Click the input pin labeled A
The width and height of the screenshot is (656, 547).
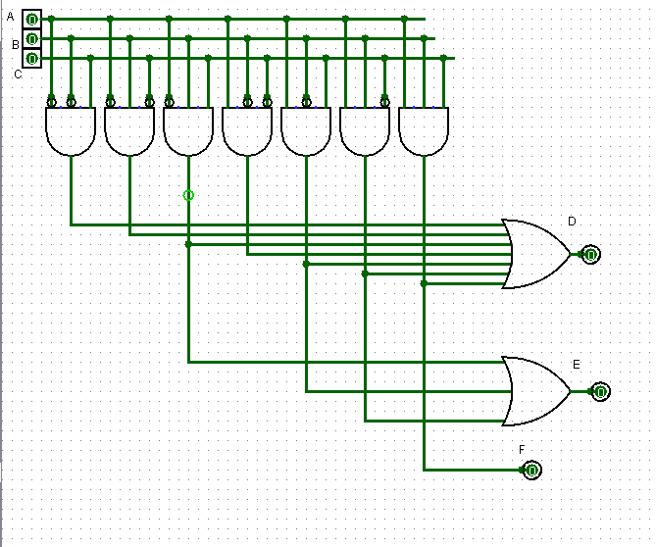(31, 19)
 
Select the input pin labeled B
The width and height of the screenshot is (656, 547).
(31, 38)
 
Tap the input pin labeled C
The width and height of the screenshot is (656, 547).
(31, 58)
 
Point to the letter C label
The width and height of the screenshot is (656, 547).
(18, 74)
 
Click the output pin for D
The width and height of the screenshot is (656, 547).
(589, 254)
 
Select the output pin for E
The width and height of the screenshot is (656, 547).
(599, 391)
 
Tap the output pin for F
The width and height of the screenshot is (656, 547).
(531, 470)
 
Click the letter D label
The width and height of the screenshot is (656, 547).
(572, 222)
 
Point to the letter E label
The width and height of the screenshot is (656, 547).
(577, 364)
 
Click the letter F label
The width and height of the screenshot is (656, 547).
(523, 449)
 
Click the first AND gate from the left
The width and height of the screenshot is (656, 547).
(71, 131)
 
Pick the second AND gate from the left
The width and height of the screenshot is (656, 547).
(129, 131)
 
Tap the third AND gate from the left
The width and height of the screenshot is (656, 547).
(188, 131)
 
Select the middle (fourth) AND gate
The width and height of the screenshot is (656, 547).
(247, 131)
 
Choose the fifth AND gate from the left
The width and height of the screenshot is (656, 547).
(306, 131)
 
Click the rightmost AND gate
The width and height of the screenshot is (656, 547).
(424, 131)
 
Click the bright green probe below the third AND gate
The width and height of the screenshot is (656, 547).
(188, 195)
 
